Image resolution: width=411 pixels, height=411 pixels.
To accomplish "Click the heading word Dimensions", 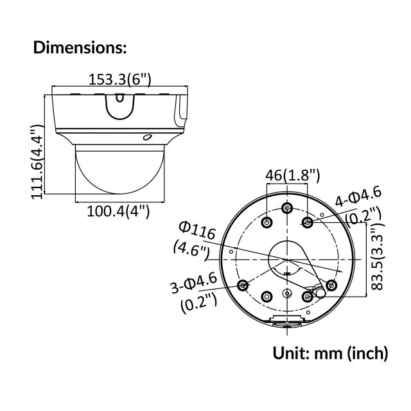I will [79, 47].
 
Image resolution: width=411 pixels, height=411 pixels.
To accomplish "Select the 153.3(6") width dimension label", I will [119, 80].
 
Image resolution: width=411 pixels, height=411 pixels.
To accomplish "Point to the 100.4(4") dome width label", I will [118, 210].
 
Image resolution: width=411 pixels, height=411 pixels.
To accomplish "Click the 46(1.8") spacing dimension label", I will [293, 175].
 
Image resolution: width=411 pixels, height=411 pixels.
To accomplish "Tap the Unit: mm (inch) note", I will [331, 353].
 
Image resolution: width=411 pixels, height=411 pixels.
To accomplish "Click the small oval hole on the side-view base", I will [147, 137].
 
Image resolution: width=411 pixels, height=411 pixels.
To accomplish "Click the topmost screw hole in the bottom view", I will [287, 209].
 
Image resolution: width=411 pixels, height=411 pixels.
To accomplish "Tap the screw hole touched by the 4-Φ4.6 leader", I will [308, 222].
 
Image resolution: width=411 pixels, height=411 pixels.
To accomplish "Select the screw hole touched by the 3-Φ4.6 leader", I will [243, 285].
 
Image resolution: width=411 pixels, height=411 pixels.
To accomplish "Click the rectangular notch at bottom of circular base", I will [287, 320].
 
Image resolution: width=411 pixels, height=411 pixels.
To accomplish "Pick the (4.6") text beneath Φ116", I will [191, 249].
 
